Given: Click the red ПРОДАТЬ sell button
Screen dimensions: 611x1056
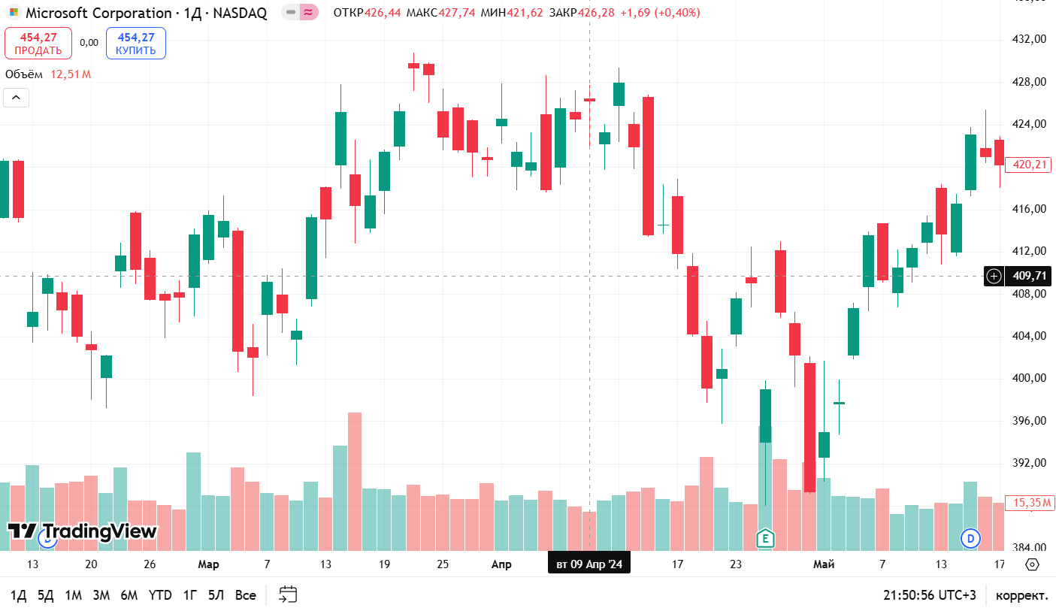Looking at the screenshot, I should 38,44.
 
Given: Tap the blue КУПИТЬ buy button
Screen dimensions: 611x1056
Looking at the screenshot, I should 136,44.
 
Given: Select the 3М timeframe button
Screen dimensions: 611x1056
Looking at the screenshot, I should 101,595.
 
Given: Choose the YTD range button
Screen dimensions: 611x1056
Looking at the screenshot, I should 159,595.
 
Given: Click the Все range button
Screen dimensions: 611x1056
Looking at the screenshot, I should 245,595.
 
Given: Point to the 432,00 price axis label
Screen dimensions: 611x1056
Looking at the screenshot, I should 1029,39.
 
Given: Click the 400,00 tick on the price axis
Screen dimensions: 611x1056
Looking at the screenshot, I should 1029,378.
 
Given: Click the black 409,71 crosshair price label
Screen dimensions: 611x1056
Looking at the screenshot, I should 1028,276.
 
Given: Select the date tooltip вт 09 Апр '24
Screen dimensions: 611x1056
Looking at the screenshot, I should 589,564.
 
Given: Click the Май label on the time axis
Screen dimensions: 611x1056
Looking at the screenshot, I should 824,564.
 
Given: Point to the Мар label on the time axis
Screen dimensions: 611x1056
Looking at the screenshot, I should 208,564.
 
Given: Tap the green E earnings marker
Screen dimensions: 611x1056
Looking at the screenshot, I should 765,538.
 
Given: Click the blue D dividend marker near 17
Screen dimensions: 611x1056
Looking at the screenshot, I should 971,538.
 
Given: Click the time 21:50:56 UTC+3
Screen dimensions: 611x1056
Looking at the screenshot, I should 930,595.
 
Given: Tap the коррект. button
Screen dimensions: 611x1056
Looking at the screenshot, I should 1021,595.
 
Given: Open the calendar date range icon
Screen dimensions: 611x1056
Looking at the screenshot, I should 288,595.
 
